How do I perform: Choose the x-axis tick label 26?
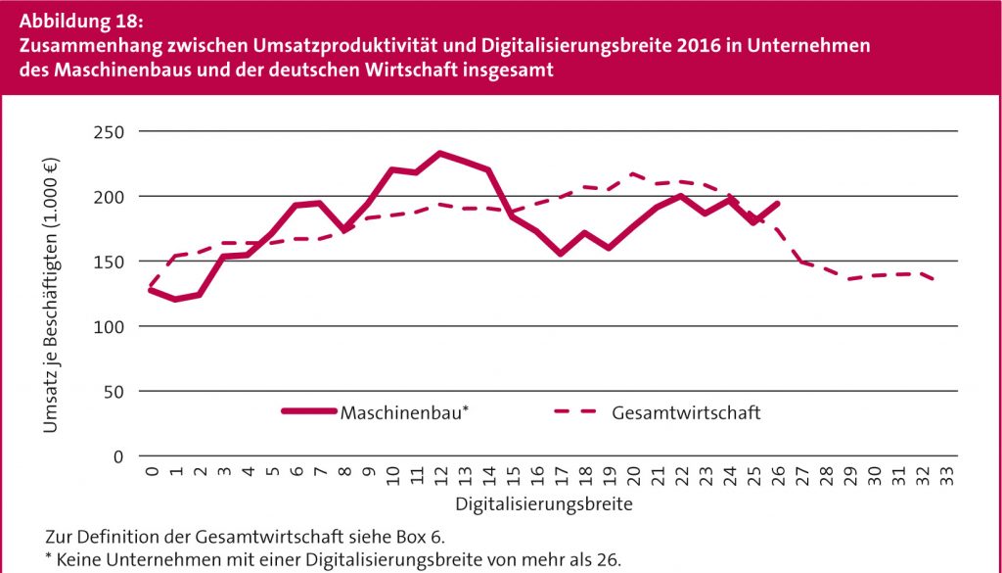click(778, 477)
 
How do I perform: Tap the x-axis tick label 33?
click(947, 477)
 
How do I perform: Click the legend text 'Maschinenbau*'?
click(404, 412)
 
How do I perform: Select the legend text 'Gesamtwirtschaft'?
click(686, 412)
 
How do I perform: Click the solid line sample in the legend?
click(308, 412)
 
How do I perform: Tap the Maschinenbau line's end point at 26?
click(778, 204)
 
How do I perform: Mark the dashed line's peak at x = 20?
click(633, 174)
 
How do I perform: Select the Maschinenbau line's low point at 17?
click(561, 254)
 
